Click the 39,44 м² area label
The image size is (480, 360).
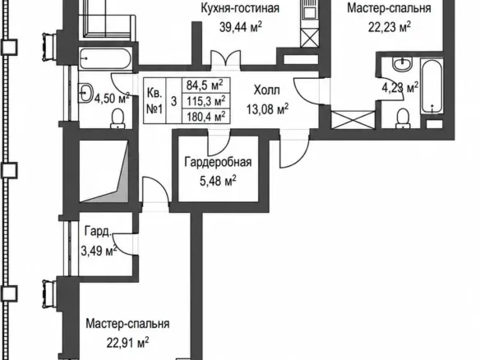click(x=241, y=27)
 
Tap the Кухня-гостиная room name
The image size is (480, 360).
click(x=240, y=8)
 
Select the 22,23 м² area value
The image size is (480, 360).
click(x=389, y=27)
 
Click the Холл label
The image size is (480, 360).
click(x=266, y=90)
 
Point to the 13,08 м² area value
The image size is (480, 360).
click(x=268, y=108)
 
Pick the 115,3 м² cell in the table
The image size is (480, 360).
click(x=206, y=100)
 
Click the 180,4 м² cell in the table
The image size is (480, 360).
click(x=206, y=116)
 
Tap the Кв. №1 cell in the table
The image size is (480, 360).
click(x=155, y=100)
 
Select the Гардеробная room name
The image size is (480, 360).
click(x=218, y=162)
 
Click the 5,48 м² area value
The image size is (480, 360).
click(x=218, y=181)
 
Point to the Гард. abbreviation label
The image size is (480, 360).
click(x=98, y=232)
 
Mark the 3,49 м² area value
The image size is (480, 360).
click(x=99, y=251)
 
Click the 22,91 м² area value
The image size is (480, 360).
click(x=127, y=343)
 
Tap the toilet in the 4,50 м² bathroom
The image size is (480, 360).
click(x=118, y=119)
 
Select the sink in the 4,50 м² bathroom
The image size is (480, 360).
click(x=86, y=92)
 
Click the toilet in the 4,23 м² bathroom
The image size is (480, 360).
click(x=403, y=119)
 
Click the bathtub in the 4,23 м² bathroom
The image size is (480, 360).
click(x=432, y=86)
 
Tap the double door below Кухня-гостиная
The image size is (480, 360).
click(x=226, y=58)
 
